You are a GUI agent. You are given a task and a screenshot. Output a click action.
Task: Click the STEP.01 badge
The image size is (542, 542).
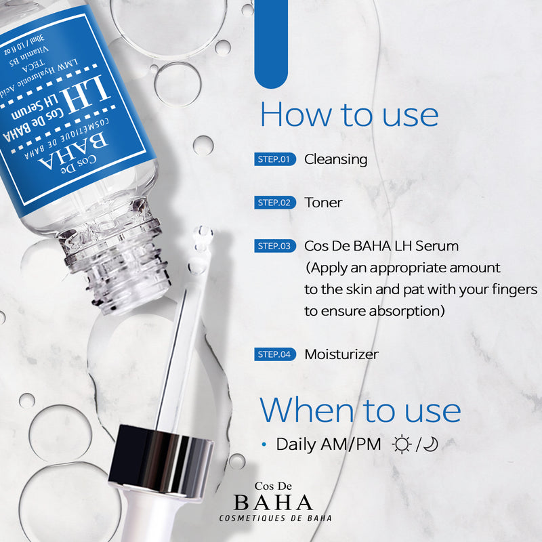coord(276,160)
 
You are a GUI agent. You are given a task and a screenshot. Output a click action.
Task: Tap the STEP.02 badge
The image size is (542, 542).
coord(276,203)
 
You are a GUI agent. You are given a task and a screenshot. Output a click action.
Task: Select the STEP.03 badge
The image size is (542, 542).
coord(276,246)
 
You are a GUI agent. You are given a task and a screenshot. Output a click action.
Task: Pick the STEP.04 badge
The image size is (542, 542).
coord(276,354)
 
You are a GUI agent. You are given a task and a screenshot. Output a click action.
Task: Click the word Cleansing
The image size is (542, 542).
coord(335,160)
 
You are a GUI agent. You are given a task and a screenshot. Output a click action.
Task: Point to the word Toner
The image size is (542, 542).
coord(323,203)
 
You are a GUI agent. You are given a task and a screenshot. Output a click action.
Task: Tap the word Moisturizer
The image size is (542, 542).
coord(341,354)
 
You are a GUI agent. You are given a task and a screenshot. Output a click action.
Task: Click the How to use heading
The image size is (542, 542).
coord(349,115)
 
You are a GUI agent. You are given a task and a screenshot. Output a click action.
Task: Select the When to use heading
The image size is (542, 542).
coord(360,410)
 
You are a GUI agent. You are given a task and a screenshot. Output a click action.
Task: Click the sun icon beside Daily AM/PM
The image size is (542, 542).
coord(402,444)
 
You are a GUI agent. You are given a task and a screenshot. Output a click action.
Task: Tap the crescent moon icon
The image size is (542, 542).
coord(431,444)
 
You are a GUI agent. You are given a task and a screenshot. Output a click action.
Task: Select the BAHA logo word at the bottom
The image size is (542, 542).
coord(273,502)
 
